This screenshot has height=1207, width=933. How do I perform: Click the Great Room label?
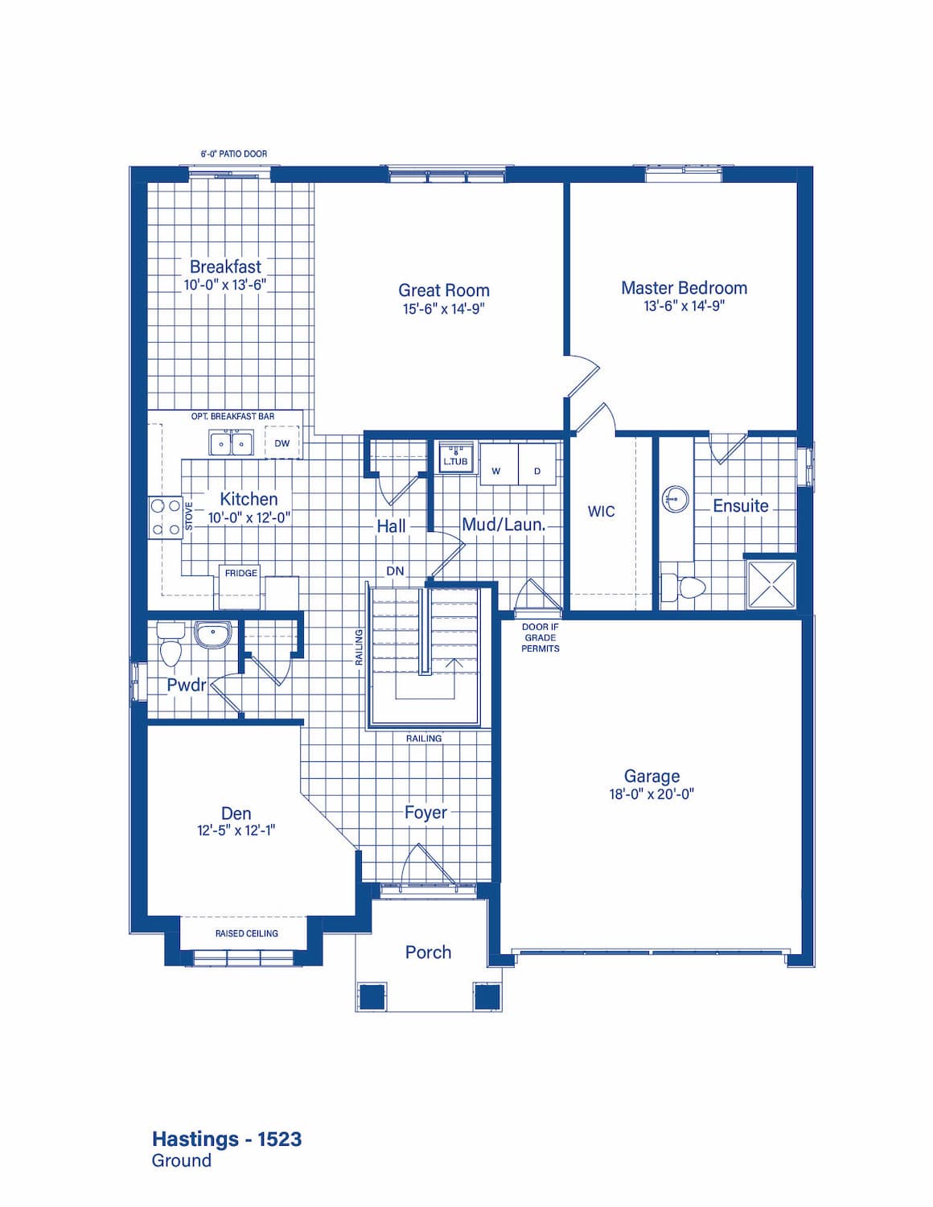(x=443, y=290)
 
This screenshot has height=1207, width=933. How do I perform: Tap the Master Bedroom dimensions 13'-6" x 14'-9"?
(x=684, y=306)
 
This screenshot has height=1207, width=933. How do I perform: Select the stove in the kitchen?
(x=166, y=517)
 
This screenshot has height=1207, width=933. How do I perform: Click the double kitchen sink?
(x=231, y=443)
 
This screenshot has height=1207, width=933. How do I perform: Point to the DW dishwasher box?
(x=282, y=443)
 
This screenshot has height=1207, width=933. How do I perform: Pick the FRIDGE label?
(x=240, y=573)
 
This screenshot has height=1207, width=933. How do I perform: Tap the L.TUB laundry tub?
(x=456, y=458)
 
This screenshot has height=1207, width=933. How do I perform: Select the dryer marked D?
(x=537, y=463)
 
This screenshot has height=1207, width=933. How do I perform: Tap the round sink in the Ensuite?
(x=675, y=498)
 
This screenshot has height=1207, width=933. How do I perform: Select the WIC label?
(x=601, y=511)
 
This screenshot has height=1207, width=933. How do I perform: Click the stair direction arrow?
(x=456, y=678)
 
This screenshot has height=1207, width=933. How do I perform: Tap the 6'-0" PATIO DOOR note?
(x=234, y=154)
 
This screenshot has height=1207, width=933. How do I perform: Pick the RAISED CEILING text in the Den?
(x=246, y=933)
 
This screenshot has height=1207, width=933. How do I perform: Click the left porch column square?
(x=372, y=997)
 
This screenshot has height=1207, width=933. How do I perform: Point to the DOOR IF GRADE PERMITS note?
(x=540, y=637)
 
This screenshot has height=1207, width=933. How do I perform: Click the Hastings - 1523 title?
(x=227, y=1139)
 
